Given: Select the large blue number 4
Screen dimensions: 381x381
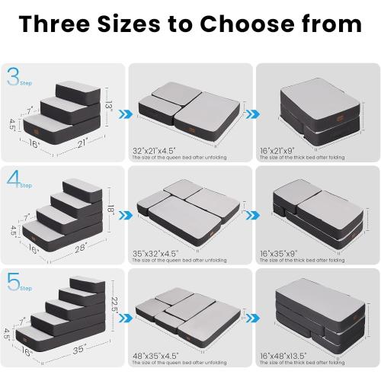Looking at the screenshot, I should click(x=13, y=180).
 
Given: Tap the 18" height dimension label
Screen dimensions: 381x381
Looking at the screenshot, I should click(x=111, y=207).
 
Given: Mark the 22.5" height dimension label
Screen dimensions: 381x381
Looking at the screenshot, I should click(x=114, y=303).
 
